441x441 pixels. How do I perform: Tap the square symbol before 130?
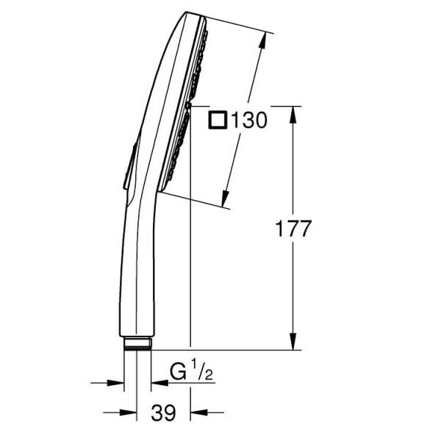click(x=218, y=120)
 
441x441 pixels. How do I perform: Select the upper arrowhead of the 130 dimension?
click(x=262, y=40)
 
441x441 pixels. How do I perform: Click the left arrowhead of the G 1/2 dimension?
click(x=115, y=383)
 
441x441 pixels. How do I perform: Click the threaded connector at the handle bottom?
click(x=137, y=343)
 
